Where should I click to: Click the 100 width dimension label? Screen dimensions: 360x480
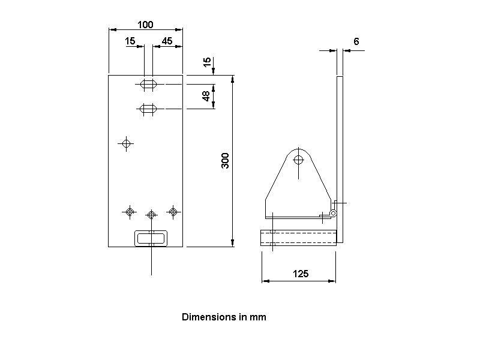145,25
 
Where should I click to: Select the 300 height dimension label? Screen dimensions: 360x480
226,160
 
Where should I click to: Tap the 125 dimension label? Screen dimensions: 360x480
301,274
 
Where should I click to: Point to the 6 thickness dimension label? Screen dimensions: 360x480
356,41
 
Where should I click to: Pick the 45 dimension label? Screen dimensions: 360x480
167,41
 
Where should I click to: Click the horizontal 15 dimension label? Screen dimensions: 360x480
130,41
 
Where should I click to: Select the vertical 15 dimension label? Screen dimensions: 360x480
207,62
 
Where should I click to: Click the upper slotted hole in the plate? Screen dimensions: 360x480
148,85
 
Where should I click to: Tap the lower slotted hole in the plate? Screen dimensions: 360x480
148,109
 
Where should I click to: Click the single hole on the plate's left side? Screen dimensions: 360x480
126,143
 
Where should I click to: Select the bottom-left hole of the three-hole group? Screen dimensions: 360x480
130,211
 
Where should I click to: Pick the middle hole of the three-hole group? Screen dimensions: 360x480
151,214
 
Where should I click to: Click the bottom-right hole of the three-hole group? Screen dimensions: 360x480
173,211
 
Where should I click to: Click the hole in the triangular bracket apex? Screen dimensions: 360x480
298,160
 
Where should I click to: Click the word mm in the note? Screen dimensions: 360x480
259,317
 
